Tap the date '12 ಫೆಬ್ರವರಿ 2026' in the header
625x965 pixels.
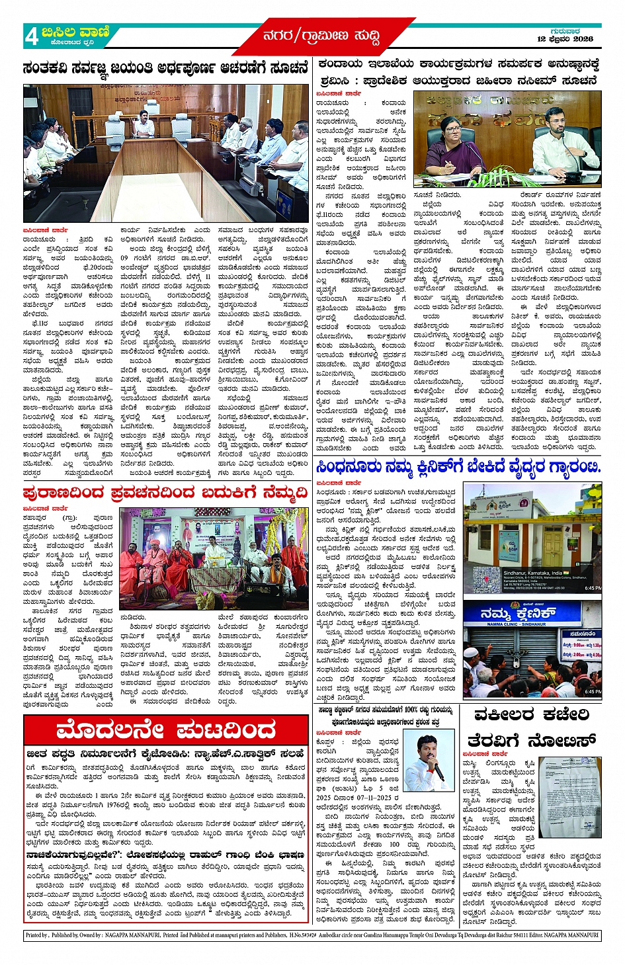pos(564,39)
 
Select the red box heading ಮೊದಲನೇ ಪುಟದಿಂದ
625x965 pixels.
pos(165,731)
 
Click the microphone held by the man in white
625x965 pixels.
pos(438,773)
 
